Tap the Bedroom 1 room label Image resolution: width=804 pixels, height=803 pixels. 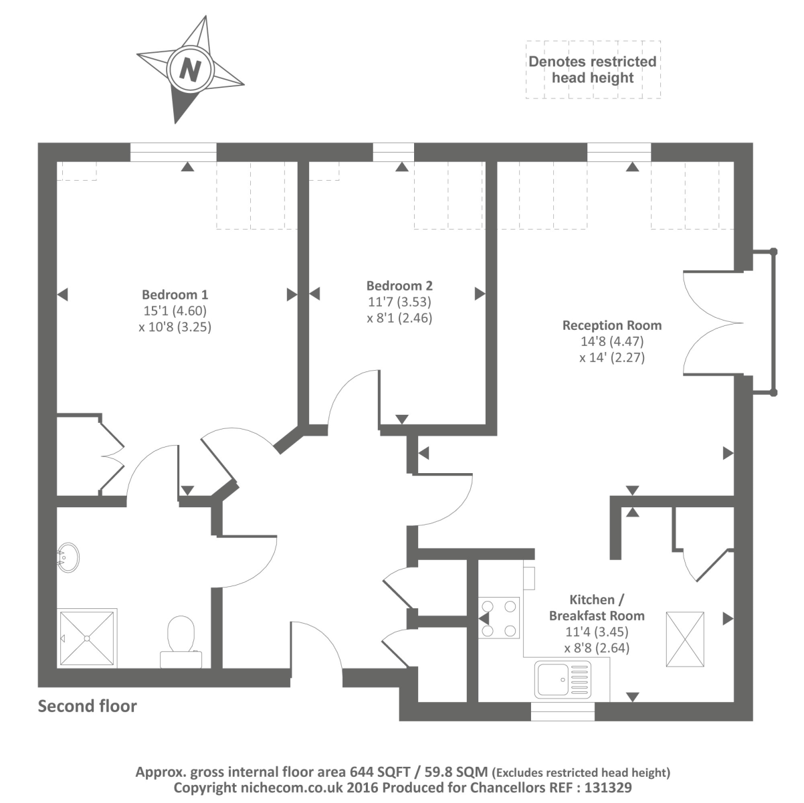[x=175, y=294]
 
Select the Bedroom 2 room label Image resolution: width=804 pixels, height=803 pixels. [x=399, y=286]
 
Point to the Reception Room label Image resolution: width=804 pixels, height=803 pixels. [x=612, y=326]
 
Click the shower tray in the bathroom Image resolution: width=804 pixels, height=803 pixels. [x=88, y=637]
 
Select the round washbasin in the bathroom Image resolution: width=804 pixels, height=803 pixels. [x=68, y=555]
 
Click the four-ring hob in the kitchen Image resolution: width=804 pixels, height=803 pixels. [x=499, y=617]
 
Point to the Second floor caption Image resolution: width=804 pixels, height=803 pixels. [x=87, y=706]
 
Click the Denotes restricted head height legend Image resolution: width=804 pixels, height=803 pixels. [x=593, y=70]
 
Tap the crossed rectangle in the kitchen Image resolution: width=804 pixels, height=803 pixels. [x=686, y=639]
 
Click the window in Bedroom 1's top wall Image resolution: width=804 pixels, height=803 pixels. [x=173, y=153]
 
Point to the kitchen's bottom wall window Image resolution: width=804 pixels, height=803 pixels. [x=563, y=711]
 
